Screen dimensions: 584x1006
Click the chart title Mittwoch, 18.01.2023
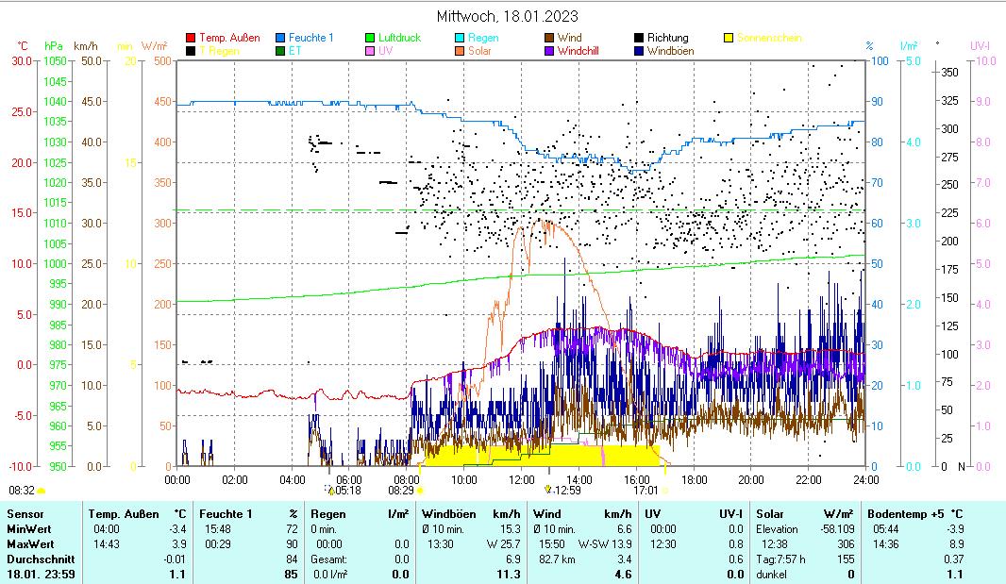(508, 16)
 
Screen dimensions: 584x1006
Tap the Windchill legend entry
(578, 51)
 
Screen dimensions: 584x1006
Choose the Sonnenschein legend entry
(769, 38)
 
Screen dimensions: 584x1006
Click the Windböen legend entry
(670, 51)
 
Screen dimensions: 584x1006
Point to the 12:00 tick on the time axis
(521, 479)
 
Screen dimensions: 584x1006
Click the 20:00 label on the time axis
(750, 479)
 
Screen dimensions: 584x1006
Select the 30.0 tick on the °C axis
(21, 60)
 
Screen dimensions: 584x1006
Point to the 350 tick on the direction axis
(949, 72)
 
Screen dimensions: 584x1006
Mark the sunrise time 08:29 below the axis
(401, 491)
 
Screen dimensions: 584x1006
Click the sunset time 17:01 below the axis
(646, 491)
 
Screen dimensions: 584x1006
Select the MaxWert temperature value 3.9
(176, 544)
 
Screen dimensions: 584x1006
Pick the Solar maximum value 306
(846, 544)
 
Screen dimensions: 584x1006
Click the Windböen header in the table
(447, 514)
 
